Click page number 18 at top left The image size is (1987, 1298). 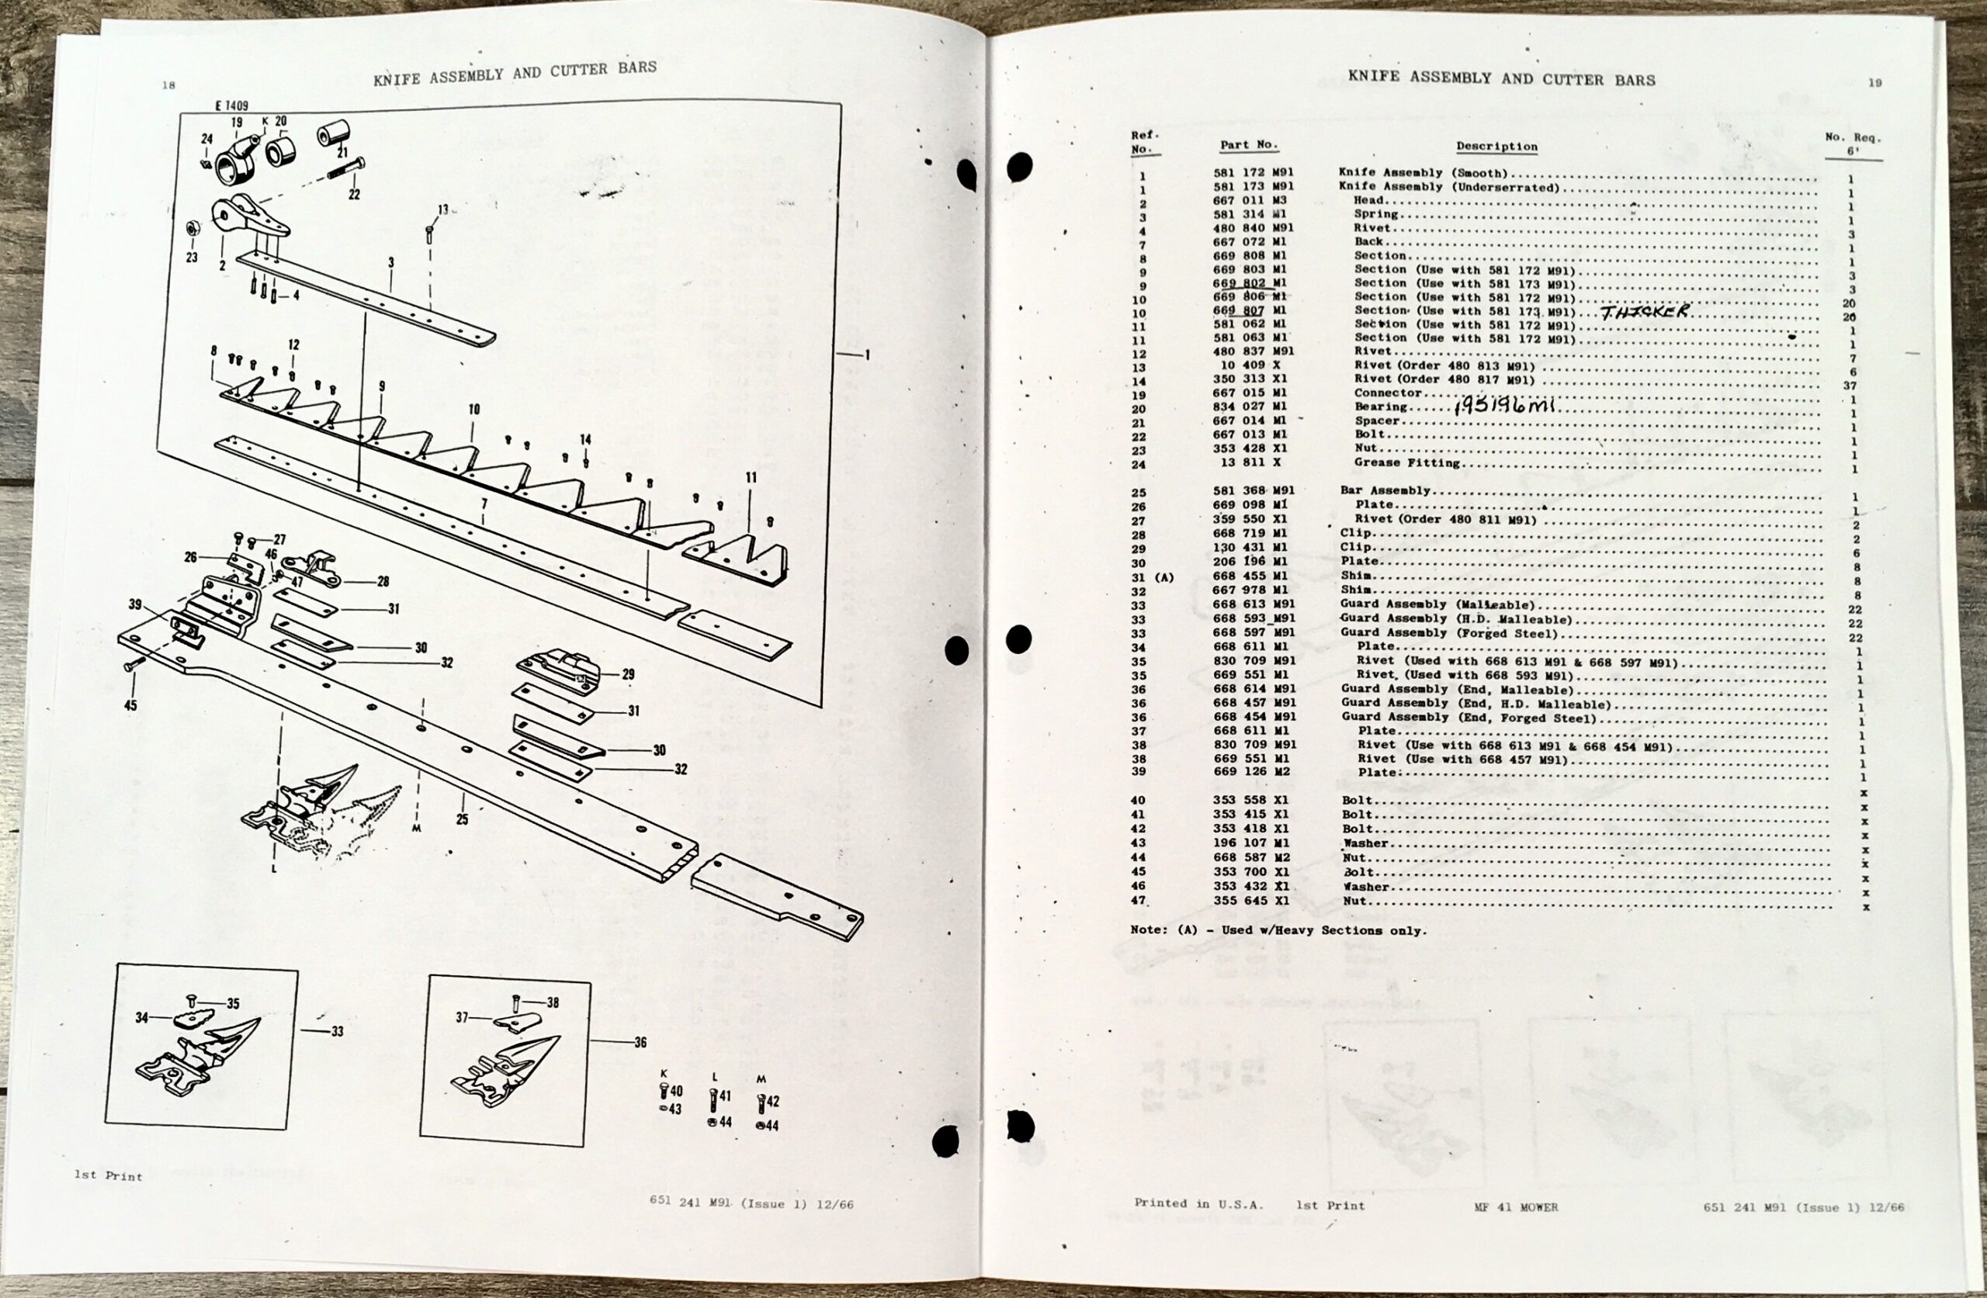pos(168,85)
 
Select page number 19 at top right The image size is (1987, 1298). pos(1874,83)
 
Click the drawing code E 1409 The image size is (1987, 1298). pos(231,106)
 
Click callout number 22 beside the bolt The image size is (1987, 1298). pos(354,195)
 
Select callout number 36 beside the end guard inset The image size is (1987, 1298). pos(640,1042)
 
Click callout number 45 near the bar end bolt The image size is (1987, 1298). pos(130,705)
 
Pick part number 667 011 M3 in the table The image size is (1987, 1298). pos(1249,200)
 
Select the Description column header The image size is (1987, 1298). pos(1496,146)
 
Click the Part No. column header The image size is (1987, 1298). pos(1249,144)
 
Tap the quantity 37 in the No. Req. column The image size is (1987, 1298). pos(1850,386)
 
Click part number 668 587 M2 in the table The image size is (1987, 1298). pos(1250,857)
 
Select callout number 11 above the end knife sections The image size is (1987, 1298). pos(751,477)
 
